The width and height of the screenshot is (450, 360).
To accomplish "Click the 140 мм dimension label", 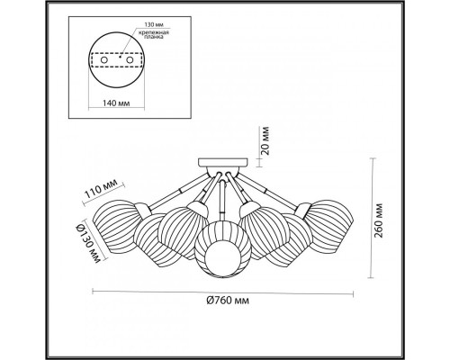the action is [x=116, y=103].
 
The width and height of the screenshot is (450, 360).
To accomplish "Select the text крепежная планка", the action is [x=154, y=35].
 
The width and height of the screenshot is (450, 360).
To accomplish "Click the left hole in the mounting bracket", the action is [x=104, y=60].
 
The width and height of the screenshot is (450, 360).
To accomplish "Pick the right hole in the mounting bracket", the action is [x=130, y=60].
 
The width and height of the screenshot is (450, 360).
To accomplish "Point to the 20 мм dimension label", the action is [x=265, y=140].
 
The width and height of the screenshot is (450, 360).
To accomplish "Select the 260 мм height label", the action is [x=379, y=220].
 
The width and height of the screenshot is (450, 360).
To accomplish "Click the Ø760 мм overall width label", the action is [x=228, y=301].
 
